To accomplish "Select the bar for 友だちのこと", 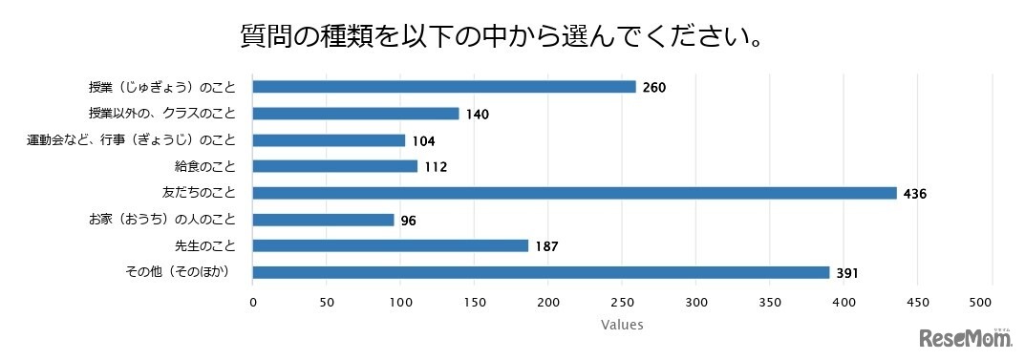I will (574, 193).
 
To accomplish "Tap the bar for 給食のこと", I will (335, 166).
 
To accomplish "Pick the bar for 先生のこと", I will (391, 245).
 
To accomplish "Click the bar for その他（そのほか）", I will (541, 272).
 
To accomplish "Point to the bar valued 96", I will (324, 220).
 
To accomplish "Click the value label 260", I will (653, 88).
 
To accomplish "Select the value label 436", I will (916, 194).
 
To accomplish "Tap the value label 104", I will (423, 140).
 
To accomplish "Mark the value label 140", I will (477, 115).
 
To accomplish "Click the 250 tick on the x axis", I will (622, 303).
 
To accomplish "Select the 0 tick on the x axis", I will (253, 303).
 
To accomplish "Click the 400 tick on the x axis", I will (843, 303).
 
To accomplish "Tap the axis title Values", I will (622, 325).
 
